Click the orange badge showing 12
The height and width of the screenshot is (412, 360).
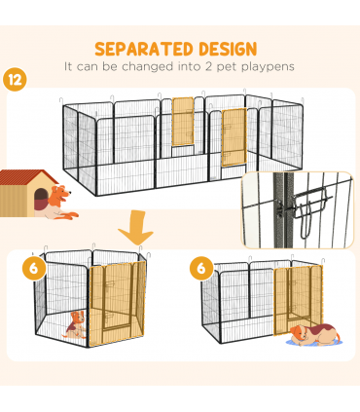(x=16, y=78)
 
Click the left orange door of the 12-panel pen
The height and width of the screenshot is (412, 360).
(x=182, y=124)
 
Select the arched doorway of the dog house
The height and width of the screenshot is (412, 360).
(x=39, y=200)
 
